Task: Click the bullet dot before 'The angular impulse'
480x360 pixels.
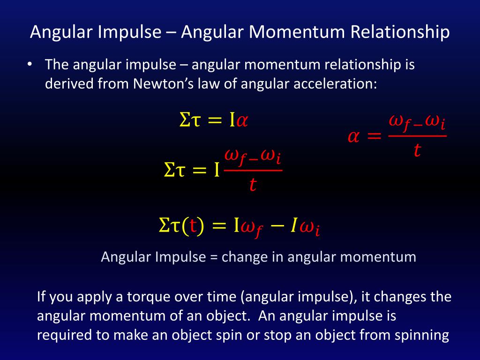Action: (29, 65)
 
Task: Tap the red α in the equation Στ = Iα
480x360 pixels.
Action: (242, 121)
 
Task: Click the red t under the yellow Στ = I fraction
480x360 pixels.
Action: (253, 185)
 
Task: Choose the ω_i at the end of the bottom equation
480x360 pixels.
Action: (309, 228)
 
